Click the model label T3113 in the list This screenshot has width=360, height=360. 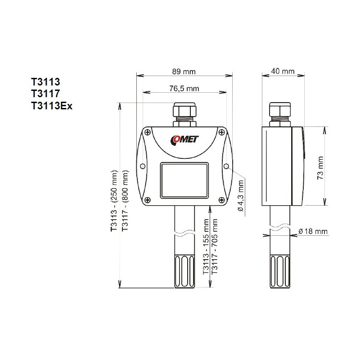45,82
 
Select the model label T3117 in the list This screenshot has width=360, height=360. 45,94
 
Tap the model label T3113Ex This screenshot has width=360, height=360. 52,105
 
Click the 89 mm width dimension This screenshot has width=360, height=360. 184,71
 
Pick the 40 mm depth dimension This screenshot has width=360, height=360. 283,71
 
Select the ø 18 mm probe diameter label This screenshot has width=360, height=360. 312,231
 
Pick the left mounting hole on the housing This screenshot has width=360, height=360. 143,166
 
